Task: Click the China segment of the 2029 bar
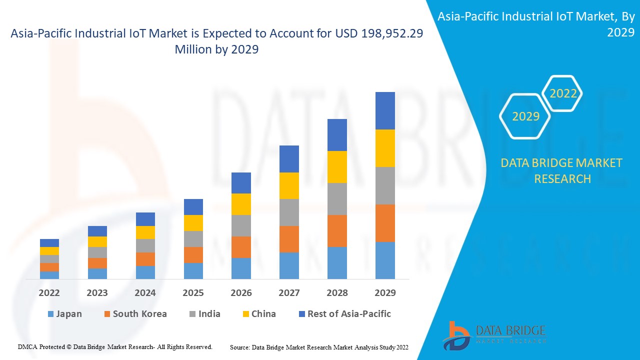tap(385, 148)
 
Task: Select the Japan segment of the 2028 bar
tap(337, 262)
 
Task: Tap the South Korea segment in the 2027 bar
tap(289, 239)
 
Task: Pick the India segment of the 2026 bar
tap(241, 225)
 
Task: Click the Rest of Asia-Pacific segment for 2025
tap(193, 207)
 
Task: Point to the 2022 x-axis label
tap(49, 292)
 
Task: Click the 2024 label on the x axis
tap(145, 292)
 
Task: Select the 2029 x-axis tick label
tap(385, 292)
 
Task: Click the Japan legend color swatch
tap(50, 314)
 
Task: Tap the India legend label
tap(209, 314)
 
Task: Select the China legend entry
tap(263, 314)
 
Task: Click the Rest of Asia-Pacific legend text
tap(349, 314)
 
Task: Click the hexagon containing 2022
tap(563, 93)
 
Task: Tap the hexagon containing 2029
tap(525, 116)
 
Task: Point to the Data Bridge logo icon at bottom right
tap(455, 335)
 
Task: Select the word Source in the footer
tap(240, 347)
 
